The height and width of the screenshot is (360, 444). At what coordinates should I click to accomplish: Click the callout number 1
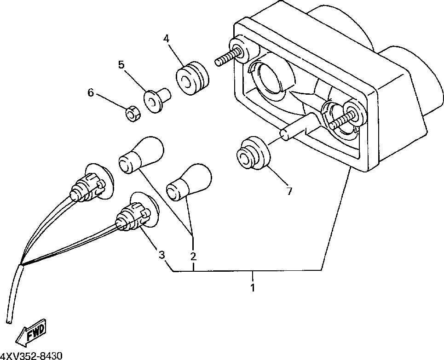point(252,288)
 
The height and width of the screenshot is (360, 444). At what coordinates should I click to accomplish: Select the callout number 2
point(193,256)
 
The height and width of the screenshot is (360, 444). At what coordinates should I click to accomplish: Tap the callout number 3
point(161,254)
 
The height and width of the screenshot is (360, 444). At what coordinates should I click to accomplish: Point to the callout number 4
point(166,39)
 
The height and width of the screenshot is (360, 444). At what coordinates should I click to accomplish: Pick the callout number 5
point(121,64)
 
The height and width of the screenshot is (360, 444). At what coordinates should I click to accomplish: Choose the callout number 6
point(91,93)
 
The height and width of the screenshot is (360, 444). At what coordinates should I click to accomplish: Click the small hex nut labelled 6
point(133,113)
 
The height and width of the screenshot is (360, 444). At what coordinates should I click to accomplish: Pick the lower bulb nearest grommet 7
point(188,183)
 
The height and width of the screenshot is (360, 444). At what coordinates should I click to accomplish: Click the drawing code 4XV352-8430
point(31,355)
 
